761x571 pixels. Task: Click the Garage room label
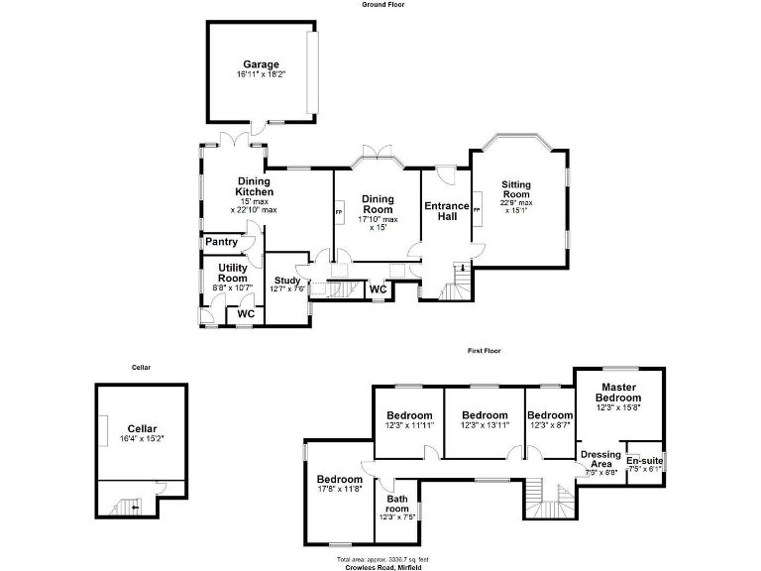point(261,64)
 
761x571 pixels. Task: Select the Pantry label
point(221,241)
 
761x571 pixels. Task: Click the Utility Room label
point(233,274)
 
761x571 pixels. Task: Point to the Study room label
point(286,281)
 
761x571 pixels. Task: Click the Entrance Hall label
point(446,211)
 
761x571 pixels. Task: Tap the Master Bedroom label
point(618,392)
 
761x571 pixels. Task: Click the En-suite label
point(644,460)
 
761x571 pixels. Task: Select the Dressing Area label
point(601,459)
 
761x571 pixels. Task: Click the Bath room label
point(397,504)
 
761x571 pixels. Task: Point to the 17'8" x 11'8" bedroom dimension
point(339,488)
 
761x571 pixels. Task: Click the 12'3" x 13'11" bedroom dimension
point(485,425)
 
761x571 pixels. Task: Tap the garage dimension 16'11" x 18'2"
point(261,75)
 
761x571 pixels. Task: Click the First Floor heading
point(486,350)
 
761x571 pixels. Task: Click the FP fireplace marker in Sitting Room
point(477,210)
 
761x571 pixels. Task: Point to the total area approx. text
point(380,559)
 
